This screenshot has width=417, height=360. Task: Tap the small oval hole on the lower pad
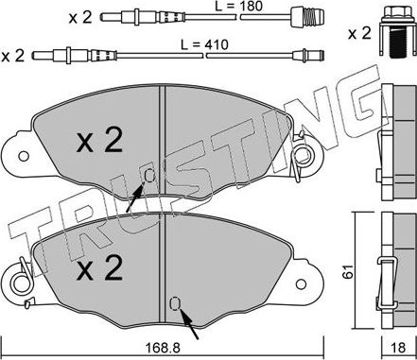[174, 302]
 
